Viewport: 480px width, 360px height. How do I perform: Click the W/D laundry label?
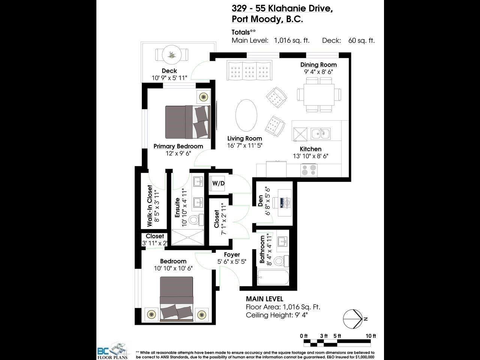coord(218,183)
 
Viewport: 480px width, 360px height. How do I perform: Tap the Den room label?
coord(260,201)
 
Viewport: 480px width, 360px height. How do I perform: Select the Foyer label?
coord(232,254)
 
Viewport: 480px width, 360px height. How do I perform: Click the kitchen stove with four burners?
coord(309,170)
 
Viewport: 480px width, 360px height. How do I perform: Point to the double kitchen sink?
coord(321,133)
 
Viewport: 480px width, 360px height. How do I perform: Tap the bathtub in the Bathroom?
coord(273,277)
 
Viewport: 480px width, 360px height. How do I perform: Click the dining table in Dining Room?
coord(319,94)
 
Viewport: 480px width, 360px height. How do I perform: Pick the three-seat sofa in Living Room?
coord(249,70)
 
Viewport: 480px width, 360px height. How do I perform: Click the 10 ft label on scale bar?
coord(370,336)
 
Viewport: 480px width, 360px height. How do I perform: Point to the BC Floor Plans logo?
coord(112,351)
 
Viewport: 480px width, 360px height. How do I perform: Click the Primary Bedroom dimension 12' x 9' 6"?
coord(178,153)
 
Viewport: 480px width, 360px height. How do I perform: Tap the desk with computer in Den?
coord(285,202)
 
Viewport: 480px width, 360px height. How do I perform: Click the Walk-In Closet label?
coord(150,205)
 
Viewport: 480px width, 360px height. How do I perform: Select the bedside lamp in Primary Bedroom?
coord(203,97)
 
